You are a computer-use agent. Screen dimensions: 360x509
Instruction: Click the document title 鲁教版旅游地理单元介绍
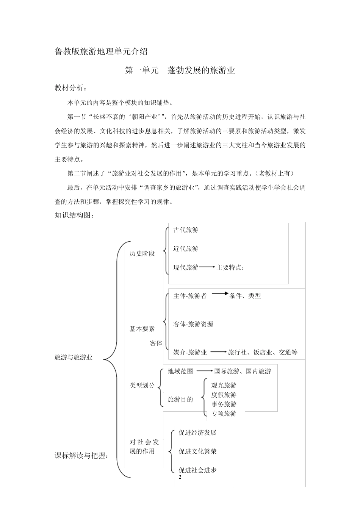101,52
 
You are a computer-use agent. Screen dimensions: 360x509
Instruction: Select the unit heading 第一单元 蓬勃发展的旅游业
180,70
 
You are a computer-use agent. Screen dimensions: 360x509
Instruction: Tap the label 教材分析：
71,88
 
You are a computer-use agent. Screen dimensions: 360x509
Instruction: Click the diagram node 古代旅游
186,230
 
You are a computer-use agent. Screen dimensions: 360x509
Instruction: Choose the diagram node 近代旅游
186,249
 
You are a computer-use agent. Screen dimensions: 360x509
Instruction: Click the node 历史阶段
142,253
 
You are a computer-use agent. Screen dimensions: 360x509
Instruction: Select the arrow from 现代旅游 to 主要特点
207,267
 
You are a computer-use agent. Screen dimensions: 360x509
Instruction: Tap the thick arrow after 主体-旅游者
220,293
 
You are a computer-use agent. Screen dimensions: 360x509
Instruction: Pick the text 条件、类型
245,296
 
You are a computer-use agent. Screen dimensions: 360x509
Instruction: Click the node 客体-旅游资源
193,324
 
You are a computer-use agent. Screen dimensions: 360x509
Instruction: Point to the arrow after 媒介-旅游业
219,352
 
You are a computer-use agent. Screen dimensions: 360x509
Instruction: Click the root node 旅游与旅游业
74,357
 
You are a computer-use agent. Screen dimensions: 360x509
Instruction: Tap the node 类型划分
142,386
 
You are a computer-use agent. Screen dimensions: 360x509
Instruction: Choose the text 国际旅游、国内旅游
243,372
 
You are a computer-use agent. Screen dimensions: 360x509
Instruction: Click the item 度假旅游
224,395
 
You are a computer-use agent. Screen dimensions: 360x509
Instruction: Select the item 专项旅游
224,414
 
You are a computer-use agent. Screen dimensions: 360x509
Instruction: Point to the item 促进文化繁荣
197,451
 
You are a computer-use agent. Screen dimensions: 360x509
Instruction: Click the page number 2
180,477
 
